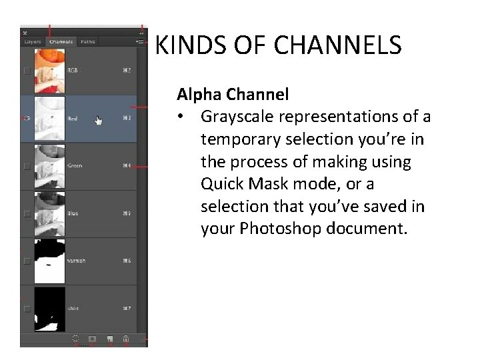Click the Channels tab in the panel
click(61, 42)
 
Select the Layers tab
click(33, 42)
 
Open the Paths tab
click(88, 42)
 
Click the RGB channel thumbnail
click(50, 69)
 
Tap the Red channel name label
click(73, 119)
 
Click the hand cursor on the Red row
click(99, 121)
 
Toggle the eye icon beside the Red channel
click(27, 119)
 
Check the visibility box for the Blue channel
click(27, 214)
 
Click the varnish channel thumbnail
click(50, 261)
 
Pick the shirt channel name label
click(73, 309)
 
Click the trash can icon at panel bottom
click(125, 339)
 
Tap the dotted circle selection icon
click(75, 339)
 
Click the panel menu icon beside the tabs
click(140, 42)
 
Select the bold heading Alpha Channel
click(232, 94)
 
